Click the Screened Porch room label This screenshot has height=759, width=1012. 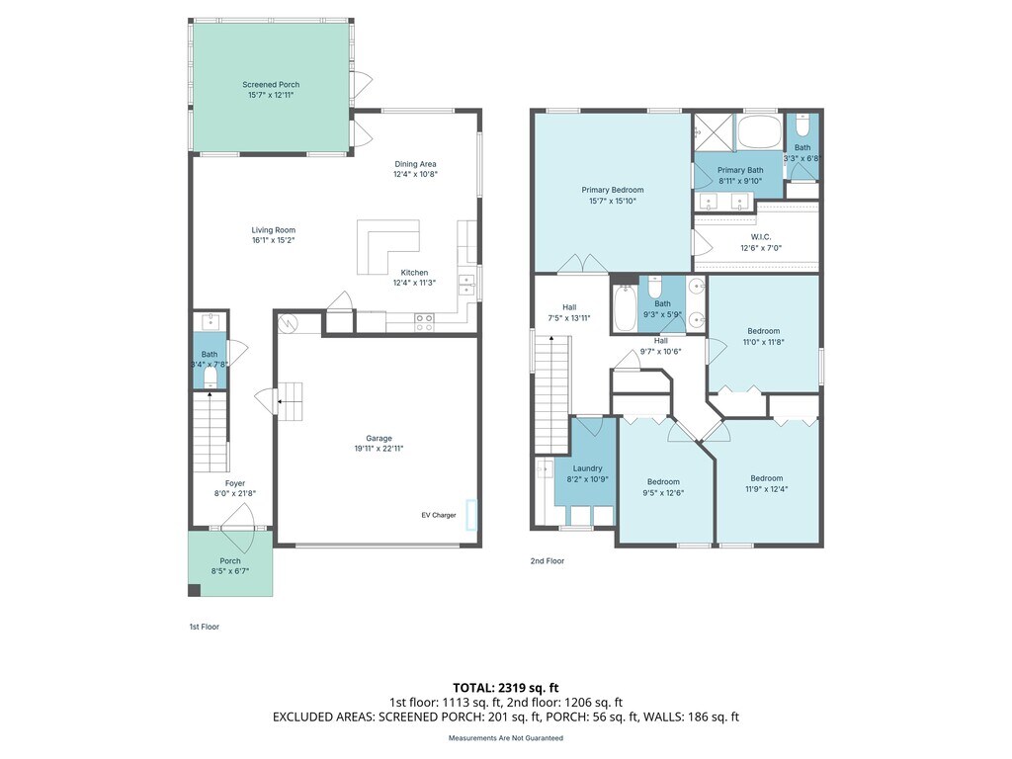[271, 85]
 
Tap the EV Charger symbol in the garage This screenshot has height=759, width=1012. [471, 514]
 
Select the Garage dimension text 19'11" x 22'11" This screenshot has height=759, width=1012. [379, 449]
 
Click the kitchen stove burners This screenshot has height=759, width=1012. [424, 322]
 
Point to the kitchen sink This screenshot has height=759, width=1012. [466, 285]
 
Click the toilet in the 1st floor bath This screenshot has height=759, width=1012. [211, 380]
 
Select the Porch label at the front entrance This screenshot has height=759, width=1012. [230, 561]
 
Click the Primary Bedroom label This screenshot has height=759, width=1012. [613, 190]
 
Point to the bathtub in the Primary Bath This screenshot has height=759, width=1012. [759, 131]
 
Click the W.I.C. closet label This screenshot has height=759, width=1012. [761, 237]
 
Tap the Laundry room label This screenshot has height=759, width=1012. [587, 468]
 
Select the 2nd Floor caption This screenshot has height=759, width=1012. [548, 561]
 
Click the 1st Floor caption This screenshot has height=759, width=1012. [204, 627]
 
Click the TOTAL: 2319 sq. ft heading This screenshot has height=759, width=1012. [506, 688]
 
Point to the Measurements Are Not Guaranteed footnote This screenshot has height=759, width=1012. [506, 737]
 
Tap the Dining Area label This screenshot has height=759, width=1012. [416, 164]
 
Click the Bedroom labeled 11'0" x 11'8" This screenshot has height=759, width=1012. [764, 336]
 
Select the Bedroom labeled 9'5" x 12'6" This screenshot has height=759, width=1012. [663, 487]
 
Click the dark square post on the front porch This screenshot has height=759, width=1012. [195, 590]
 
